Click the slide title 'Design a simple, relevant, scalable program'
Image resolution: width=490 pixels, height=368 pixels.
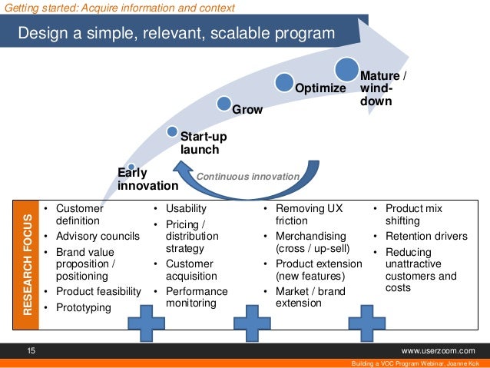(177, 34)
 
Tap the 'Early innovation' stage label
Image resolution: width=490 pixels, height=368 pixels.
(147, 179)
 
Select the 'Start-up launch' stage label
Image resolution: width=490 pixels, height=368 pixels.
(204, 143)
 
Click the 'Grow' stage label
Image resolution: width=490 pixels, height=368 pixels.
(247, 110)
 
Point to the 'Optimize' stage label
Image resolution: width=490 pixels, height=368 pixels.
(321, 88)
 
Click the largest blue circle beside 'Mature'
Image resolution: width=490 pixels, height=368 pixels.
(346, 68)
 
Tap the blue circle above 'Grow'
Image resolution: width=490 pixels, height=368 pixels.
(224, 103)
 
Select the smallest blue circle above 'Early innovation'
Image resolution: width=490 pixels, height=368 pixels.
(132, 166)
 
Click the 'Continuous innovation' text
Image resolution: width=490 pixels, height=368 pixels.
(247, 177)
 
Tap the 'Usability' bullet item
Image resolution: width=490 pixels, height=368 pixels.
(186, 208)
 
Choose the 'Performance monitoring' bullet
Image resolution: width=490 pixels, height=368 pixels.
(196, 297)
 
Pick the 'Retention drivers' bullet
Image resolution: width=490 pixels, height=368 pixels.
(425, 236)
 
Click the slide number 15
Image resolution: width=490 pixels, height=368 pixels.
(31, 350)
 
